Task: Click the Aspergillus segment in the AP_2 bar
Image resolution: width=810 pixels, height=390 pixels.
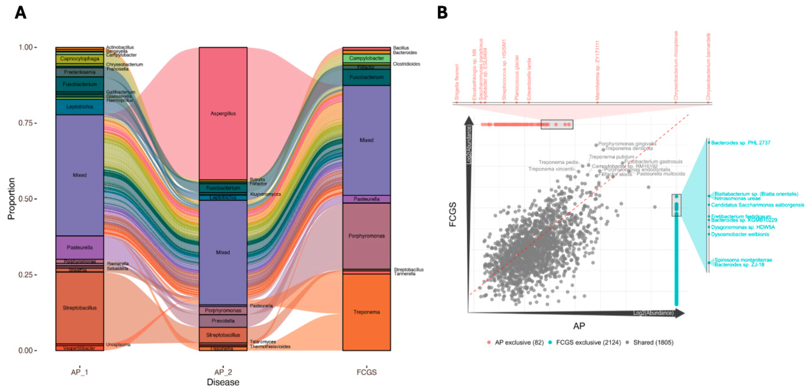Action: pos(223,113)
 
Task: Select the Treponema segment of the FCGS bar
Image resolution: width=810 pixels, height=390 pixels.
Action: pos(366,312)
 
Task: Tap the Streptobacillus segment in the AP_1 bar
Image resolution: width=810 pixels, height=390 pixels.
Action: pos(79,308)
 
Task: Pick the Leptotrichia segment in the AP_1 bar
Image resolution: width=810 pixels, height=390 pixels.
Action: pos(79,107)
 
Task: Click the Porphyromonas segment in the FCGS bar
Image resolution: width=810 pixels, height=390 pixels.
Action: pos(366,236)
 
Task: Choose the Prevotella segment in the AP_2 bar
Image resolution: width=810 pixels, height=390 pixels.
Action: pos(223,321)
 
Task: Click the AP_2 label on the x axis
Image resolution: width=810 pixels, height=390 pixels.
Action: pos(223,372)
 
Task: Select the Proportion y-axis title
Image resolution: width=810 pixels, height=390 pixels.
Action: pos(11,199)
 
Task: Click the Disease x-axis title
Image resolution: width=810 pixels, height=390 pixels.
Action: pos(223,382)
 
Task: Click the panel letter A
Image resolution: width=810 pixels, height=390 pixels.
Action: pos(20,13)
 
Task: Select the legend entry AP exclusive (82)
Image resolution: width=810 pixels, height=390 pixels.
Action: pos(519,342)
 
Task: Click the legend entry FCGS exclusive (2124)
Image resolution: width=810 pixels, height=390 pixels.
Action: pos(588,342)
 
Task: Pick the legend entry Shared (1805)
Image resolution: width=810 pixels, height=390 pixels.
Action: pos(653,342)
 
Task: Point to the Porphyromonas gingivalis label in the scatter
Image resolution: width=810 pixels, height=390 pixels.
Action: pos(627,144)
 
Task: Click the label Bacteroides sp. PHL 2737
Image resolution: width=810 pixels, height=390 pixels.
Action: pos(740,143)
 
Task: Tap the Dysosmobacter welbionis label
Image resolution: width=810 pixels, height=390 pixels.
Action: pos(740,234)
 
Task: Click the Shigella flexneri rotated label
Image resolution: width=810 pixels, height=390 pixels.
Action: pos(457,82)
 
